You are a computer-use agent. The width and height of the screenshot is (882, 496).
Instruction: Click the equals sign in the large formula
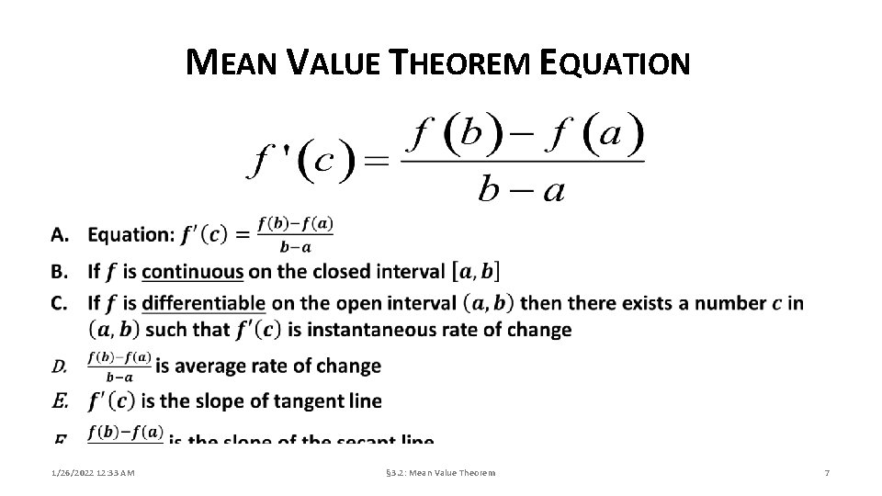(377, 162)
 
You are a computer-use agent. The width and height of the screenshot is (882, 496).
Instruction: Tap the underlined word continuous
(193, 272)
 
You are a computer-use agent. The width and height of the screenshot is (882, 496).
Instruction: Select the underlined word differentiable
(204, 303)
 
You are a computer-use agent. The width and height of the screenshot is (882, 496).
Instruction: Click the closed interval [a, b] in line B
(476, 272)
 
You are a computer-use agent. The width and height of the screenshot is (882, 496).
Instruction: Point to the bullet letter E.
(59, 401)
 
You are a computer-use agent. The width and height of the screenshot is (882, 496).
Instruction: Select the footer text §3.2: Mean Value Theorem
(440, 472)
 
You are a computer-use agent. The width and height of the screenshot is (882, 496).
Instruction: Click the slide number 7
(827, 472)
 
